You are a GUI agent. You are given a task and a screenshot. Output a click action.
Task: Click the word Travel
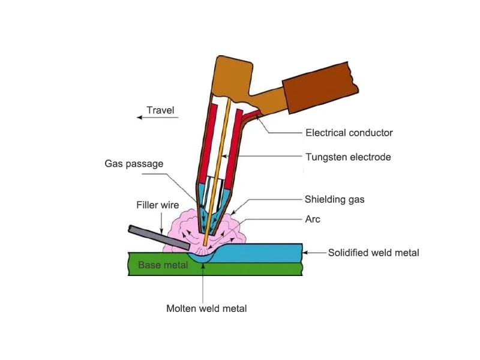[160, 110]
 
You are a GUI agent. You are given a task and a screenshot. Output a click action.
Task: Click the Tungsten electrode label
[348, 157]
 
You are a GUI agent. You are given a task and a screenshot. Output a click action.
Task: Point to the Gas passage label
[134, 163]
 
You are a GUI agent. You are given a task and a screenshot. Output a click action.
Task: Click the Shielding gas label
[336, 199]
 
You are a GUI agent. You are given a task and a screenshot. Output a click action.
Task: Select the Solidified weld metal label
[373, 253]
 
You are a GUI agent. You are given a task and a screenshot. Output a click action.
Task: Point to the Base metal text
[158, 265]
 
